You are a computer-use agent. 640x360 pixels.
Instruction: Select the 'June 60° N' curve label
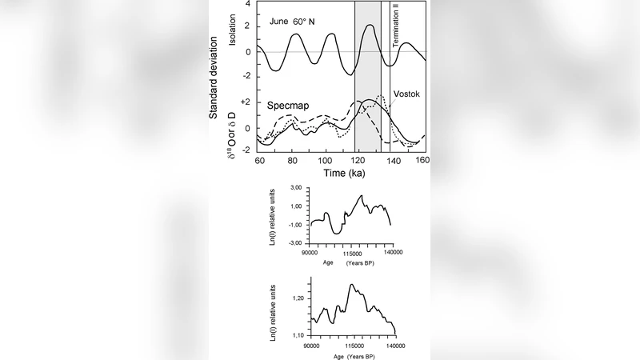click(293, 22)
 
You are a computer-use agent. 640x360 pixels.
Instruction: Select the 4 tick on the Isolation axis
click(249, 4)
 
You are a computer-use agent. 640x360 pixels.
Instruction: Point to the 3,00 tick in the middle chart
click(294, 186)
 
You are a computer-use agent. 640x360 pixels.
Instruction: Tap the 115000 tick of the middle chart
click(358, 253)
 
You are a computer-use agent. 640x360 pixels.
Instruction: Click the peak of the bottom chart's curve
click(351, 285)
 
